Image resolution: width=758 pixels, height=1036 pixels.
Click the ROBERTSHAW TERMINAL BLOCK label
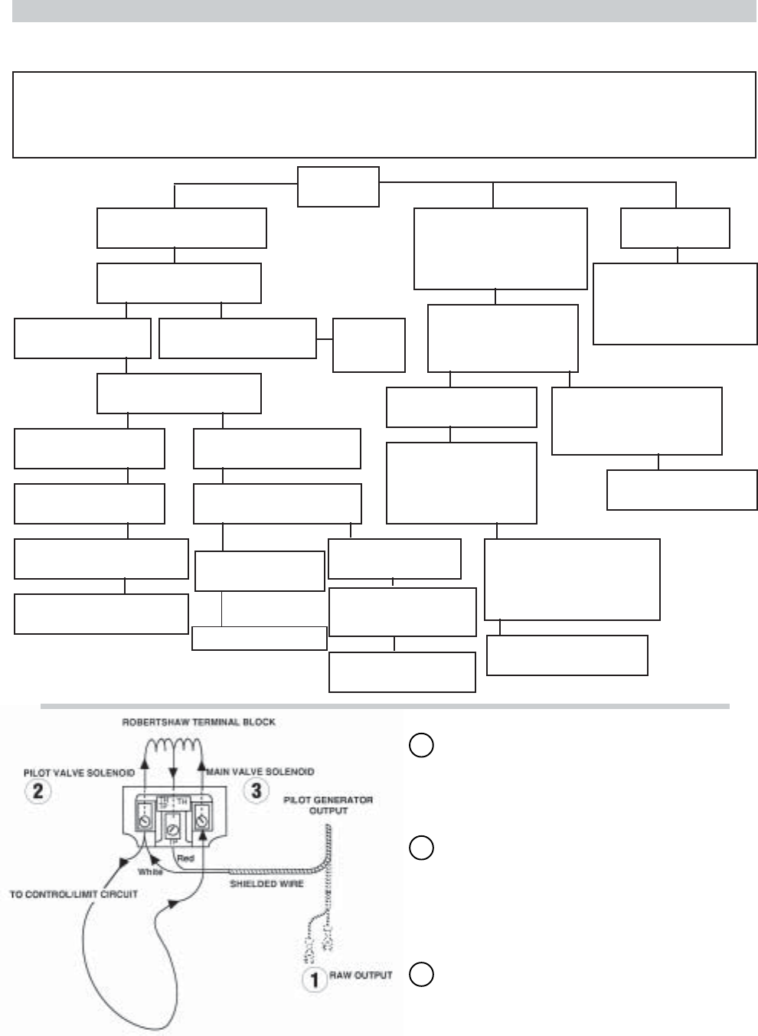pos(198,721)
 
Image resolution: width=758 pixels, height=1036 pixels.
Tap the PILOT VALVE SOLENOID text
pos(79,773)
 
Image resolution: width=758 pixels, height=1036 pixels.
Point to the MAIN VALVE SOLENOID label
pos(260,772)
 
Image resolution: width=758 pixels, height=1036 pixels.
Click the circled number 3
pos(256,790)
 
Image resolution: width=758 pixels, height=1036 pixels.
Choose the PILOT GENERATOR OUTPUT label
pos(328,805)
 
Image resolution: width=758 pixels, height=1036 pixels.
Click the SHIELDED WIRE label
pos(267,884)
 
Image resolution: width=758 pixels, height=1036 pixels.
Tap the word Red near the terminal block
pos(185,858)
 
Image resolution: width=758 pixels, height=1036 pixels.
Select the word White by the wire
pos(150,871)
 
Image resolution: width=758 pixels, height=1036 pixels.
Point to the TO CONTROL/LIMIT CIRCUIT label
pos(74,894)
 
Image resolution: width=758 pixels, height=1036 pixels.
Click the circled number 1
pos(314,980)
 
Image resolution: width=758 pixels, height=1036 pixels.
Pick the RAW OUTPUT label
pos(361,976)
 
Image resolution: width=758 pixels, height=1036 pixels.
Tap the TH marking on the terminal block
pos(182,801)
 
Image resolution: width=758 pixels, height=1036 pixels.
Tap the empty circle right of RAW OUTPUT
pos(421,974)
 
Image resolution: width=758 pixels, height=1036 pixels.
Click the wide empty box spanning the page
pos(384,115)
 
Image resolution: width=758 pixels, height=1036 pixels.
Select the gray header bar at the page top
pos(384,10)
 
